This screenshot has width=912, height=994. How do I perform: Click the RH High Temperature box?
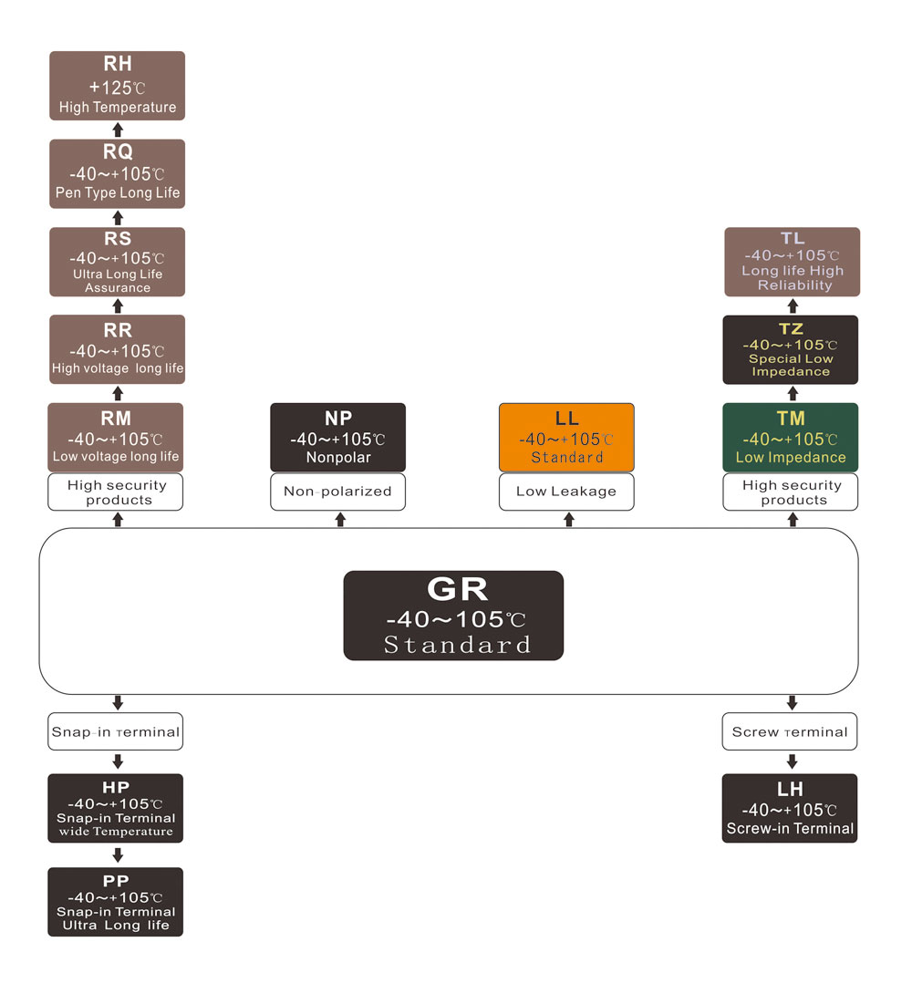[x=117, y=85]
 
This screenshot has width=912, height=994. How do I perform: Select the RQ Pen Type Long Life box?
[x=117, y=173]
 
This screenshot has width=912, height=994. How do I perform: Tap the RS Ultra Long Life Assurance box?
[x=117, y=262]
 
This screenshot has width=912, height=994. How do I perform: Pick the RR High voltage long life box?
[x=117, y=349]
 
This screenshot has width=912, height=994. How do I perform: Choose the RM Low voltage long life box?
[x=116, y=438]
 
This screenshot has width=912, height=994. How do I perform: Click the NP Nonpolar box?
[x=337, y=438]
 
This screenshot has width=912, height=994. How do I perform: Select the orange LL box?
[x=566, y=438]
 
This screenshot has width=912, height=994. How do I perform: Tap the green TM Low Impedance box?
[x=791, y=438]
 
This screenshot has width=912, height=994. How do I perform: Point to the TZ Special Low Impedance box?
[x=791, y=349]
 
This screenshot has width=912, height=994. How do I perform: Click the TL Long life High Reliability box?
[x=792, y=262]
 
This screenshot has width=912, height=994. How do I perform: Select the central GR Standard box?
[x=453, y=616]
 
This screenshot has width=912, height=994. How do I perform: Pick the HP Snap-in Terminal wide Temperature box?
[x=116, y=808]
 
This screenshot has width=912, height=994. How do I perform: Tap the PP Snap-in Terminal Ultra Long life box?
[x=116, y=902]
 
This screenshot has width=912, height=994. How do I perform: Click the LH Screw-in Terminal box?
[x=790, y=808]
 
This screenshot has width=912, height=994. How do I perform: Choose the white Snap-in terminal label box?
[x=116, y=731]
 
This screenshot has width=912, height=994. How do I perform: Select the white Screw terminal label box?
[x=790, y=731]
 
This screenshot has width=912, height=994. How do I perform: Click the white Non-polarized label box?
[x=337, y=492]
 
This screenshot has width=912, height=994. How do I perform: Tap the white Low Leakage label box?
[x=566, y=492]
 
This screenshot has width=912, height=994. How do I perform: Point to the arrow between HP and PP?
[x=117, y=855]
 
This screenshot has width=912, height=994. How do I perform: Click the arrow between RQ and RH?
[x=117, y=129]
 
